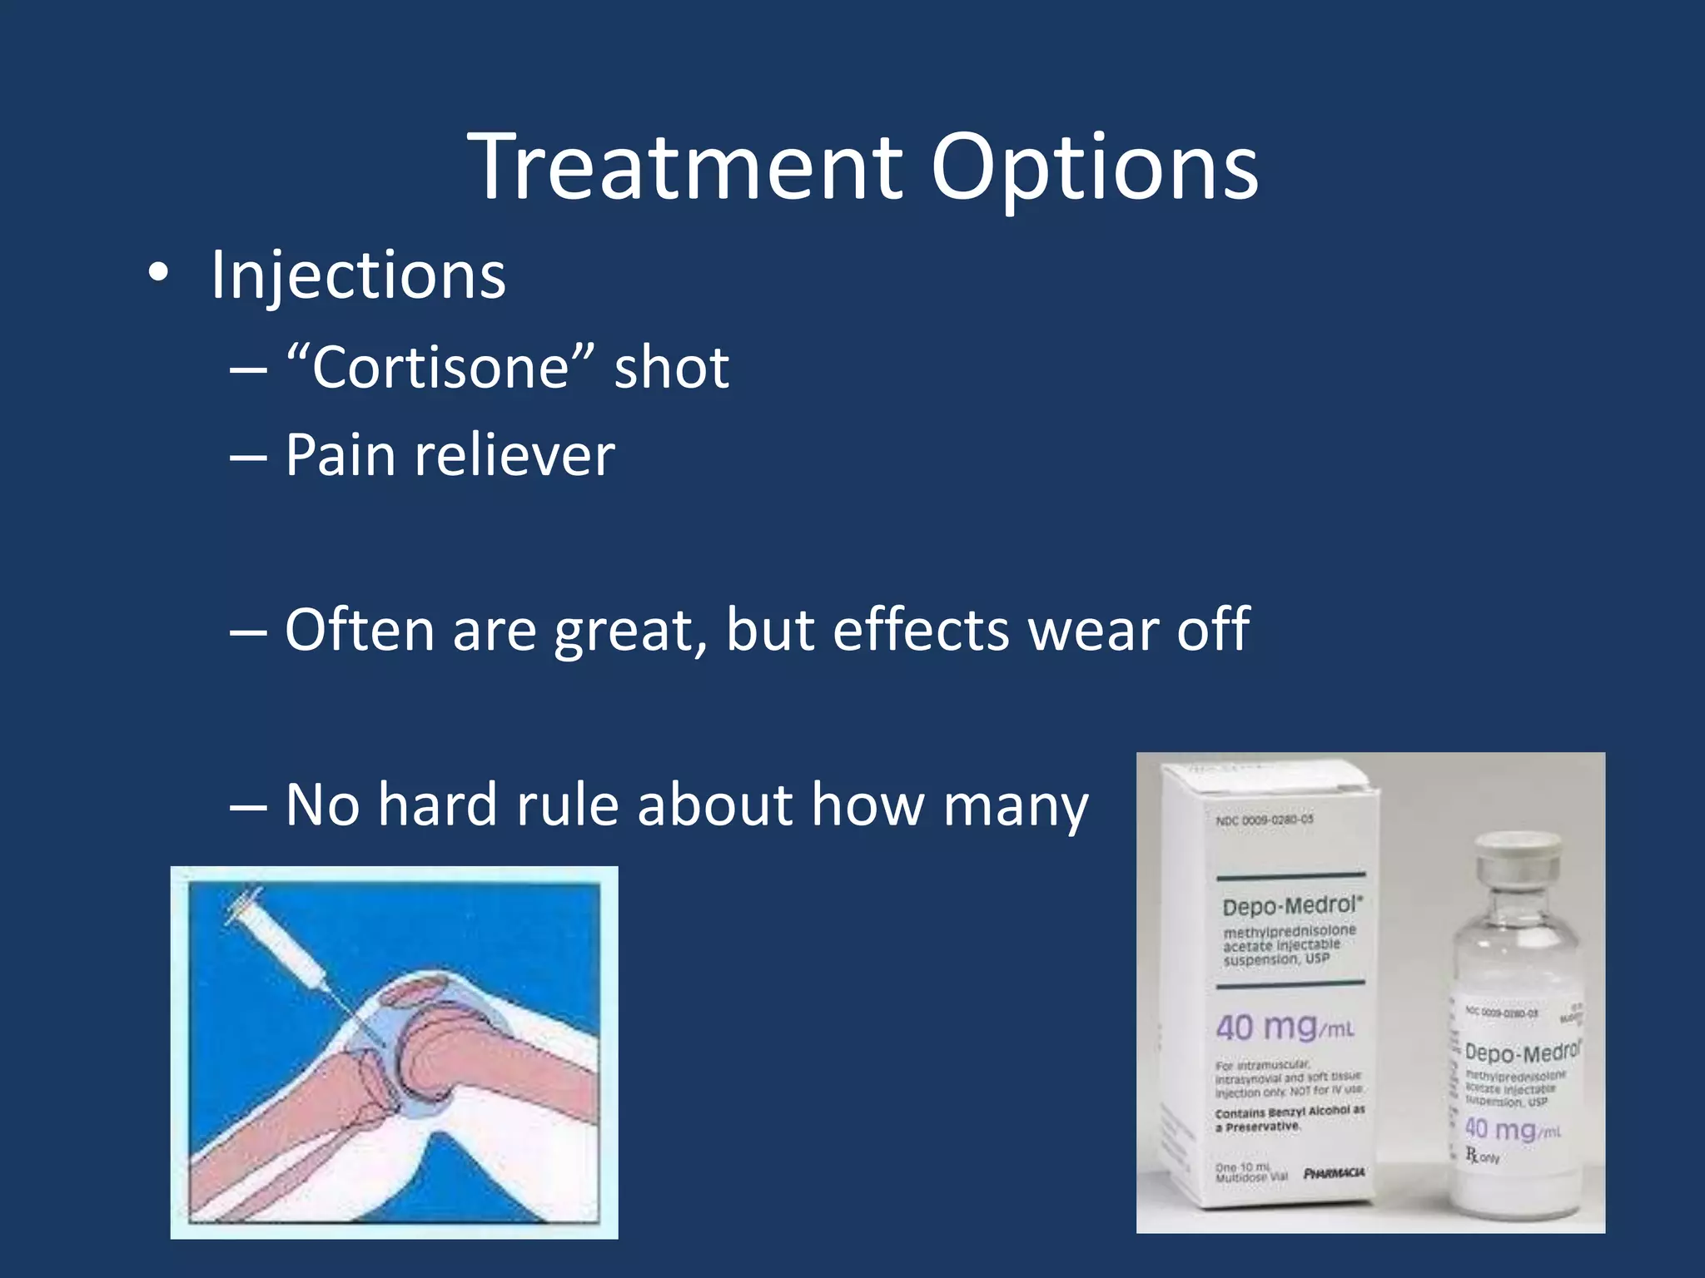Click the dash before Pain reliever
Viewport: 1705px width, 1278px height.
[x=248, y=457]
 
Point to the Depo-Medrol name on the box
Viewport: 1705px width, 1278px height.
[x=1291, y=905]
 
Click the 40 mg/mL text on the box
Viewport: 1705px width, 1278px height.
[x=1285, y=1028]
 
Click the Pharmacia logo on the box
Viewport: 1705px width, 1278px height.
[x=1334, y=1173]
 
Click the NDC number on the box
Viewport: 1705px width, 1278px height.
[x=1265, y=820]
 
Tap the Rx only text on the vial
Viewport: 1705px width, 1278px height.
[x=1482, y=1156]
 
